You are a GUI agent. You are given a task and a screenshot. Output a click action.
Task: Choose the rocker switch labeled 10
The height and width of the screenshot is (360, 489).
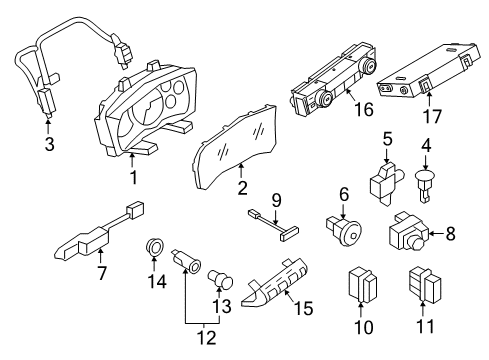pos(361,284)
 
